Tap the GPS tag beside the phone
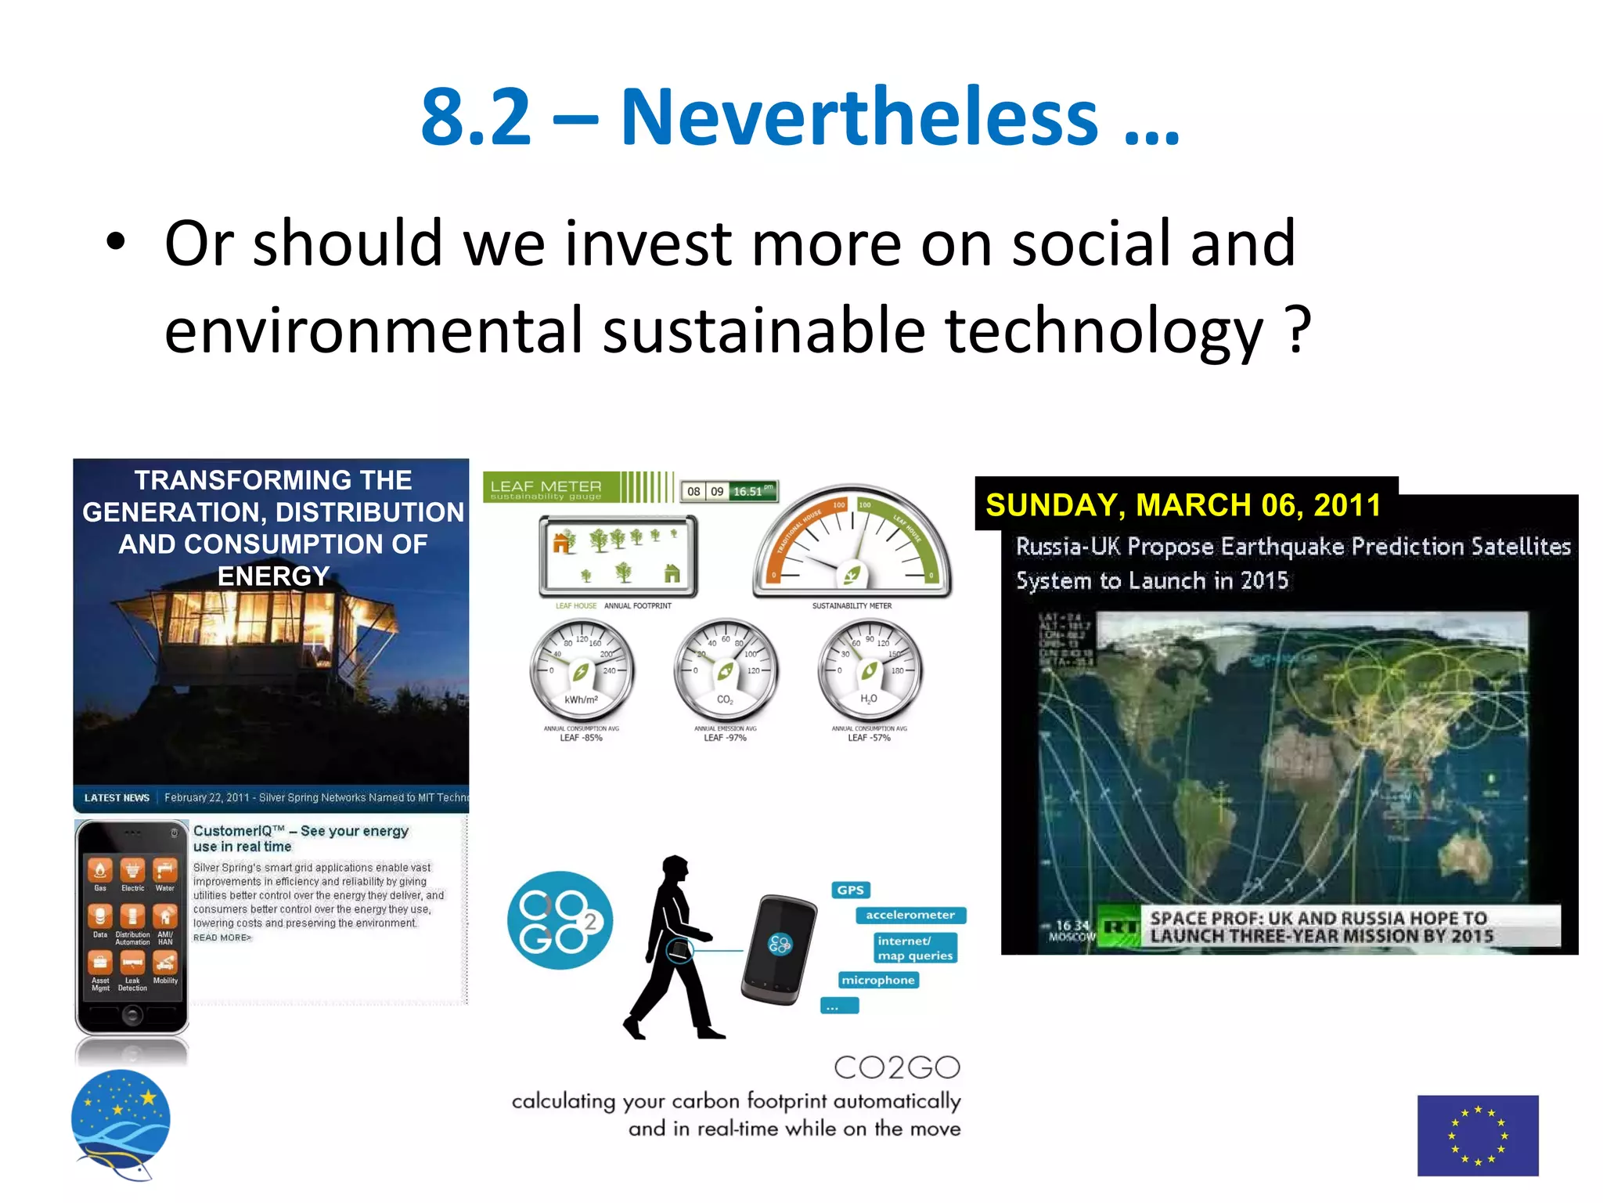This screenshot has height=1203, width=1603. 850,890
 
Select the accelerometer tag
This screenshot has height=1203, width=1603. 910,915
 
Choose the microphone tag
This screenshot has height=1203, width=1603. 877,980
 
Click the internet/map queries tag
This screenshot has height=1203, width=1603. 914,948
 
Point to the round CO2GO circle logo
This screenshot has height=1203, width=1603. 560,919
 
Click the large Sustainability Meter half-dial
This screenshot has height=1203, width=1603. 852,544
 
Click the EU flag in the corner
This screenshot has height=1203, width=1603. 1477,1135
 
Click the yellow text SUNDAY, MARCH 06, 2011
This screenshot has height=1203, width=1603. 1183,505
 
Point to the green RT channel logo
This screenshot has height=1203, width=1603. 1118,927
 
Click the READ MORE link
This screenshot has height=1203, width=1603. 222,937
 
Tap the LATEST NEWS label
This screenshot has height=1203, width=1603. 117,797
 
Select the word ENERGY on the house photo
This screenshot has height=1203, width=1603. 273,576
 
